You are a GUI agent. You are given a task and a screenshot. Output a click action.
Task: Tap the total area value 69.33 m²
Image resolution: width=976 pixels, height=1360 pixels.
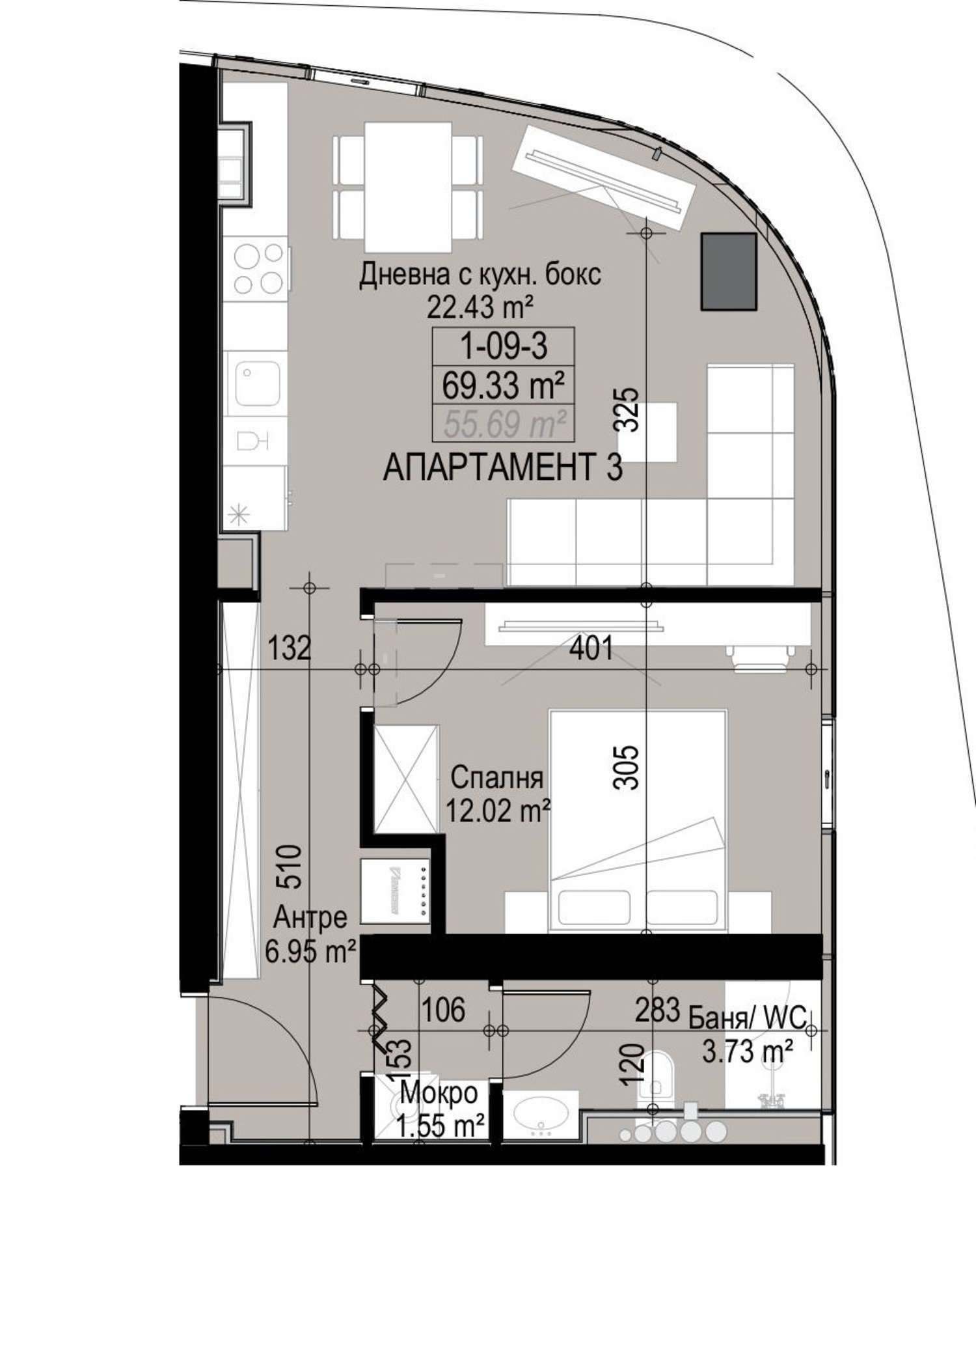point(503,387)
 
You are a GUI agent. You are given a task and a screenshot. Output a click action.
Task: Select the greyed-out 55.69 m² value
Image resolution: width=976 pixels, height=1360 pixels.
point(503,425)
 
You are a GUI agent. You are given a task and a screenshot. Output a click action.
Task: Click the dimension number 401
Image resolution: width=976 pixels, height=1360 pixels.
point(590,649)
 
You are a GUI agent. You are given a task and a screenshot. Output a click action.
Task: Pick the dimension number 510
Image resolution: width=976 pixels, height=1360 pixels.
point(290,867)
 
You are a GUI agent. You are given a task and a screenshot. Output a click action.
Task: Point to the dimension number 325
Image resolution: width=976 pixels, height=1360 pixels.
point(628,410)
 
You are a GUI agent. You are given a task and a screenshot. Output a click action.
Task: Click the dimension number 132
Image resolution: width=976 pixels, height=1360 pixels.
point(290,649)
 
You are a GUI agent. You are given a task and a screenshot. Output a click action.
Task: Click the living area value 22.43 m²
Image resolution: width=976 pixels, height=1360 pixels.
point(480,307)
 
